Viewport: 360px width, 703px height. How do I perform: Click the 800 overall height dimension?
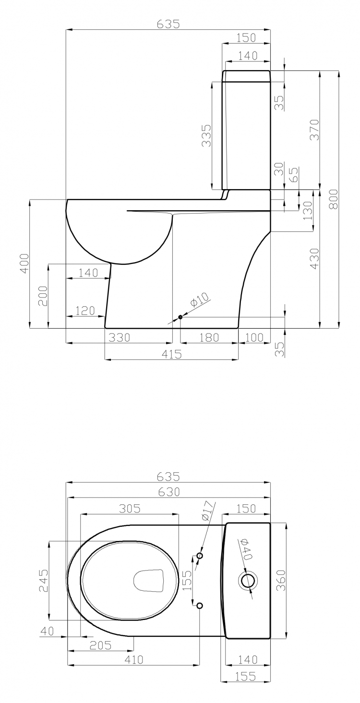(x=334, y=199)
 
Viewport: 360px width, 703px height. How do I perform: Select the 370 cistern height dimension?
(x=314, y=130)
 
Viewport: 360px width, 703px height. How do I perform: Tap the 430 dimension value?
(x=314, y=259)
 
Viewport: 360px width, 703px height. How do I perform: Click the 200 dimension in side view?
(x=43, y=296)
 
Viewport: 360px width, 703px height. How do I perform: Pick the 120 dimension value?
(x=85, y=310)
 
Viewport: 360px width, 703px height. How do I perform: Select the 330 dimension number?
(x=119, y=338)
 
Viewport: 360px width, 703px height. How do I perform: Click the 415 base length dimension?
(x=171, y=354)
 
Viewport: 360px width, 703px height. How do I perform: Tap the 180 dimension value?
(x=209, y=338)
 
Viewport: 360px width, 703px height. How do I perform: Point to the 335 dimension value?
(x=206, y=136)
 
